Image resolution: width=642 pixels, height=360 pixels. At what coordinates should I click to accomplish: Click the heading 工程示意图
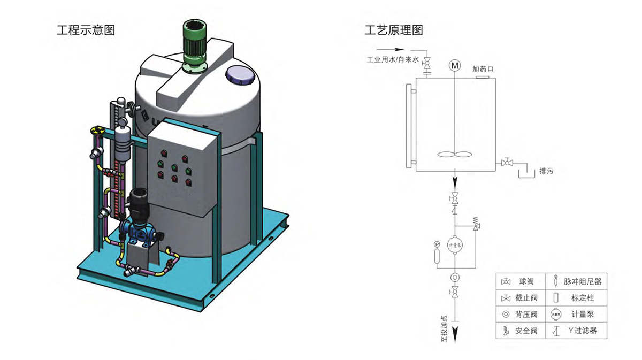pyautogui.click(x=86, y=30)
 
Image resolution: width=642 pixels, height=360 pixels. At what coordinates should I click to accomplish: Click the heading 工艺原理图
pyautogui.click(x=394, y=30)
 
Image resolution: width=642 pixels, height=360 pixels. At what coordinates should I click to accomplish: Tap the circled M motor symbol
pyautogui.click(x=455, y=66)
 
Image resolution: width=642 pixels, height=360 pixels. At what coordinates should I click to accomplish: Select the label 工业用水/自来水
pyautogui.click(x=392, y=60)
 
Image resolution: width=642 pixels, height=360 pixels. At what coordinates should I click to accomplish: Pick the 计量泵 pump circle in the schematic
pyautogui.click(x=454, y=245)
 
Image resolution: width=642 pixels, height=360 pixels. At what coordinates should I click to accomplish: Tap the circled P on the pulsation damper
pyautogui.click(x=437, y=244)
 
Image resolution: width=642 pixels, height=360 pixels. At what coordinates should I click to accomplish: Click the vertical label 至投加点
pyautogui.click(x=444, y=327)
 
